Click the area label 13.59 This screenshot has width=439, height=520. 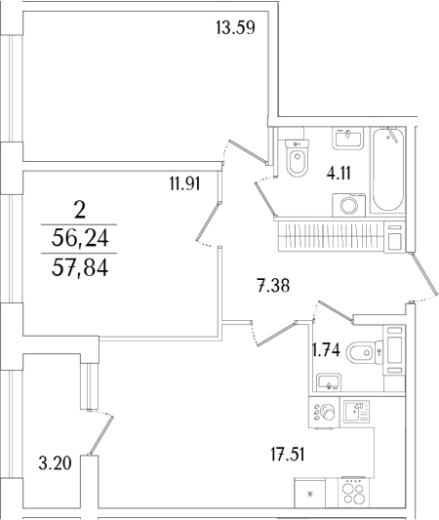(x=235, y=27)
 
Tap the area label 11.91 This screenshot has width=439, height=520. (x=185, y=183)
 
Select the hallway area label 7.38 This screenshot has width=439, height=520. (x=273, y=286)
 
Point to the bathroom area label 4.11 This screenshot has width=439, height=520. (x=339, y=173)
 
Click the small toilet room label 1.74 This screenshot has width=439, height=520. (x=327, y=349)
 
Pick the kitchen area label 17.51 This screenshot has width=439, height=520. (x=288, y=454)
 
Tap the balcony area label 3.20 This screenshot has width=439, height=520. (x=55, y=463)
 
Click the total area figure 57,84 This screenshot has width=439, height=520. (x=80, y=268)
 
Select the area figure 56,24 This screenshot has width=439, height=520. (x=80, y=238)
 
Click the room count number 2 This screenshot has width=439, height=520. (x=80, y=211)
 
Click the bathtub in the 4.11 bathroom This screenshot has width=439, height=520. (x=388, y=170)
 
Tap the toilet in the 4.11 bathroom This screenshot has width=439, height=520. (x=298, y=158)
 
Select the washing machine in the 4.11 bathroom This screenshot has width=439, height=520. (x=349, y=205)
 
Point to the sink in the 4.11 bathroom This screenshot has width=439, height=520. (x=348, y=139)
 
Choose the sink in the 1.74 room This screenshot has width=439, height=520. (x=329, y=381)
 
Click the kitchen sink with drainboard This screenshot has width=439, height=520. (x=356, y=412)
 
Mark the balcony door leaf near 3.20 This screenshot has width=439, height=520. (x=101, y=435)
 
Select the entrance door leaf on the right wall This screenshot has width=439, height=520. (x=424, y=276)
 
